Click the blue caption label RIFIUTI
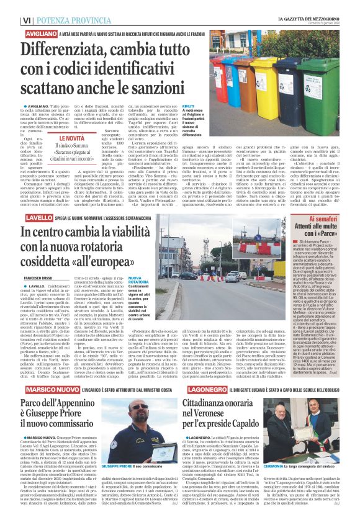[x=189, y=107]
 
